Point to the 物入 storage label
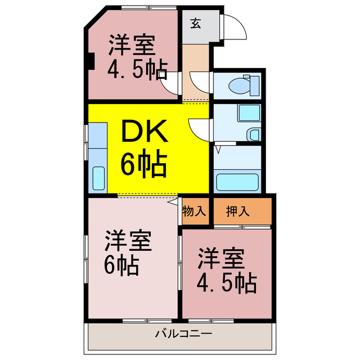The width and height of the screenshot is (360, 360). [195, 212]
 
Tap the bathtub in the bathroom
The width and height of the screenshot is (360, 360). [237, 182]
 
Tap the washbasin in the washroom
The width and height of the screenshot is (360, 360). [254, 135]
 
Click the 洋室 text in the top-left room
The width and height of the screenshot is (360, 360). [132, 44]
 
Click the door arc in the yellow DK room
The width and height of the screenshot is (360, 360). [198, 129]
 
